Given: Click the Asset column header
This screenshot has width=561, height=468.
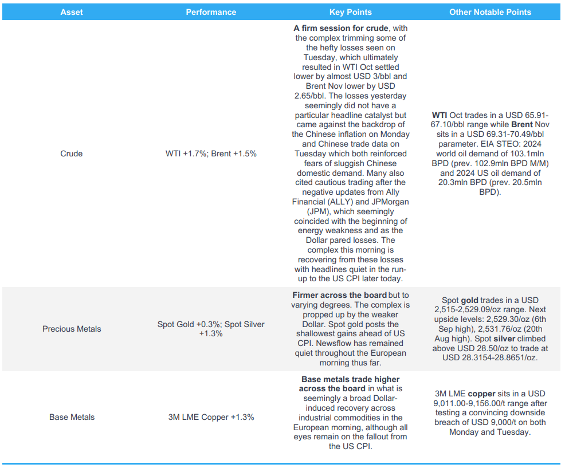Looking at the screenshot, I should click(x=72, y=12).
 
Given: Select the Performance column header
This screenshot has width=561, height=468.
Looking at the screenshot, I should click(x=211, y=12).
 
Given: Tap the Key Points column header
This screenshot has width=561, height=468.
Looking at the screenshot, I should click(x=350, y=12).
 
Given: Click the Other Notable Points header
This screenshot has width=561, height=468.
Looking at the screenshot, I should click(x=490, y=12).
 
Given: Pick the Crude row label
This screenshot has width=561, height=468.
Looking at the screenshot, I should click(x=72, y=154).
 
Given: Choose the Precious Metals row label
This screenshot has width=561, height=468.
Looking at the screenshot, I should click(x=72, y=329).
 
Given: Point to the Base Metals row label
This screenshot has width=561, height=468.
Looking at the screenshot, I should click(x=72, y=417).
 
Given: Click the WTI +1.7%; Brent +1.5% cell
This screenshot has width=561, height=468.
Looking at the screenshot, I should click(x=211, y=154).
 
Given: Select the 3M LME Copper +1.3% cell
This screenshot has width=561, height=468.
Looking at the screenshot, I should click(x=211, y=417).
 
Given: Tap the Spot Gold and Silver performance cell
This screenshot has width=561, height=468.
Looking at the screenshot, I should click(x=211, y=329).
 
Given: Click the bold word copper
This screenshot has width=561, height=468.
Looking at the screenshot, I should click(x=481, y=394).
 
